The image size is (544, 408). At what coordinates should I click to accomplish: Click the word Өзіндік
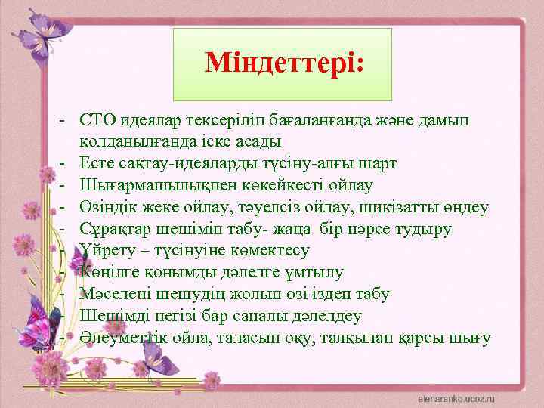pos(107,207)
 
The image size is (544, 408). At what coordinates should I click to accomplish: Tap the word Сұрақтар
pos(113,229)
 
